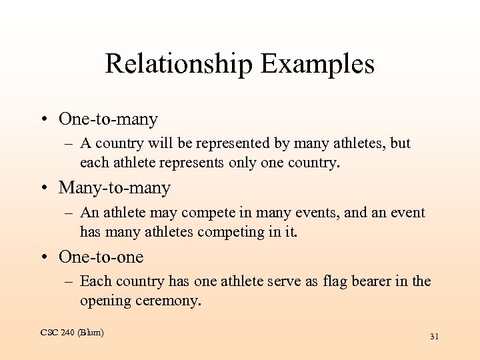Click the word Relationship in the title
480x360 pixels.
point(178,65)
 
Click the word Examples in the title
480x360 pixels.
point(317,65)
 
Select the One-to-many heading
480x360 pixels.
point(108,119)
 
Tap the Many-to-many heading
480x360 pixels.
point(115,188)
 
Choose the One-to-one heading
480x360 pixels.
point(101,257)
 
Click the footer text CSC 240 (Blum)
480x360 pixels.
point(72,332)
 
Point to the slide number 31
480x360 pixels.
point(434,337)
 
